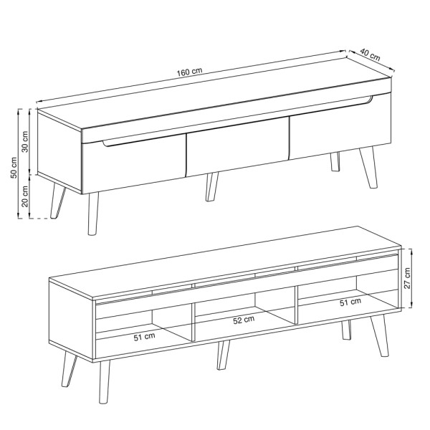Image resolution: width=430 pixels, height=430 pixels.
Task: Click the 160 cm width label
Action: pos(189,72)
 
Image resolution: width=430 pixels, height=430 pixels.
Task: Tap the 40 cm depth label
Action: pos(370,54)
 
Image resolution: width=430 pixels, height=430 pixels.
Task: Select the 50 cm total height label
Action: pos(14,168)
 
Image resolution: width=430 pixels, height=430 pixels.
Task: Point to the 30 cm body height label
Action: pos(25,142)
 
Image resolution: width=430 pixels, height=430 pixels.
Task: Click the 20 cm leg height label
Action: pos(25,196)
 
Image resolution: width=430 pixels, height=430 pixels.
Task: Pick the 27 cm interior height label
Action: pos(407,278)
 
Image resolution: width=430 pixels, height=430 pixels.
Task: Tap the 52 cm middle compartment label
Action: pos(244,320)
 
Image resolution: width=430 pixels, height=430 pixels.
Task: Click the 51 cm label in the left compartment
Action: pos(145,337)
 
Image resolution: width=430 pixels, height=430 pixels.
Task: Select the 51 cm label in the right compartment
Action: pos(350,302)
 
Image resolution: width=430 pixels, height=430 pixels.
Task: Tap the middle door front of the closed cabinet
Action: pos(237,147)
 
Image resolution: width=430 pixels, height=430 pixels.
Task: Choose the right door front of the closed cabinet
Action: pos(340,127)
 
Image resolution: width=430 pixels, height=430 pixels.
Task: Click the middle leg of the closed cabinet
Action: pos(211,187)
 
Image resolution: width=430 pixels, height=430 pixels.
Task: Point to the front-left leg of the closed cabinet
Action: pos(93,214)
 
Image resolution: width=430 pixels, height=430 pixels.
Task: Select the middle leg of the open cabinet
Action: pos(223,355)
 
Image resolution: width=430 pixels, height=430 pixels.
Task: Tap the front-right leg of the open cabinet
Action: pos(380,335)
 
